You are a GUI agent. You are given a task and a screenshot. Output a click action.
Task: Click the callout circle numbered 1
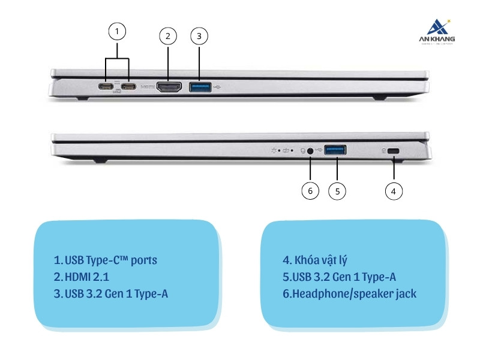[x=118, y=31]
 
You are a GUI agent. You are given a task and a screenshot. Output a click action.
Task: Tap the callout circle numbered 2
[x=168, y=36]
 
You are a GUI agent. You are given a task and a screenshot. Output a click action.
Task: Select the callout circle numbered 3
[x=199, y=36]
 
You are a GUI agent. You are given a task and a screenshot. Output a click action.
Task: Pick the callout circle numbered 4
[x=393, y=191]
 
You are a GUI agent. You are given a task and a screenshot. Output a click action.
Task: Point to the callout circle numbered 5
[x=337, y=191]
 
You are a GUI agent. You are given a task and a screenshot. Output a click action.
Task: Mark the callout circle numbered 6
[x=310, y=191]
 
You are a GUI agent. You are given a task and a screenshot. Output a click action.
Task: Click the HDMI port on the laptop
[x=169, y=87]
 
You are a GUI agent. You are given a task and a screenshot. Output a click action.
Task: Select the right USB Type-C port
[x=128, y=87]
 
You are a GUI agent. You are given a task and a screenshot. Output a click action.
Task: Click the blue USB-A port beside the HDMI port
[x=200, y=87]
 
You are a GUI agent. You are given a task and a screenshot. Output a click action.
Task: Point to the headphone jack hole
[x=310, y=151]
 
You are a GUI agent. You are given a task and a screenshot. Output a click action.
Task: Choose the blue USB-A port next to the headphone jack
[x=335, y=151]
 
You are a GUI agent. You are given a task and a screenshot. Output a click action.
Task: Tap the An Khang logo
[x=436, y=32]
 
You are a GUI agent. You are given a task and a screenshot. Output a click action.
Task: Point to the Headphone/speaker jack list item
[x=349, y=294]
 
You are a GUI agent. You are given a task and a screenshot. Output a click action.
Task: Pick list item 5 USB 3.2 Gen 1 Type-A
[x=339, y=277]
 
